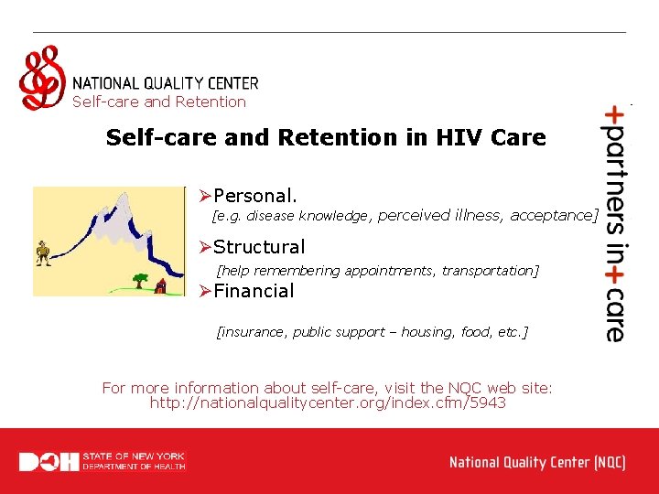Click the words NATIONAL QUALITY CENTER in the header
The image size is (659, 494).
(165, 83)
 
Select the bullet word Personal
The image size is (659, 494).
(254, 196)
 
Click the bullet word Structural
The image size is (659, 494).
(259, 247)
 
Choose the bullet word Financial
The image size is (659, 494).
(254, 292)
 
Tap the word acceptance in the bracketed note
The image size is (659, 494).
(552, 216)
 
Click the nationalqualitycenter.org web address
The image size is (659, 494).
(328, 403)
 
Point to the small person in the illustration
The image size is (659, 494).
(43, 253)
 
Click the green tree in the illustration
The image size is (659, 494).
(140, 278)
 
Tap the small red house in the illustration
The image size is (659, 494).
(161, 286)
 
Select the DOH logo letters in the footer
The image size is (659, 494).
(49, 462)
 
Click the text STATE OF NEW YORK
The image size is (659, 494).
(134, 456)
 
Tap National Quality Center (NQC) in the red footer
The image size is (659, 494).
(537, 462)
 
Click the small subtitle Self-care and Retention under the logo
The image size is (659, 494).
(159, 102)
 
